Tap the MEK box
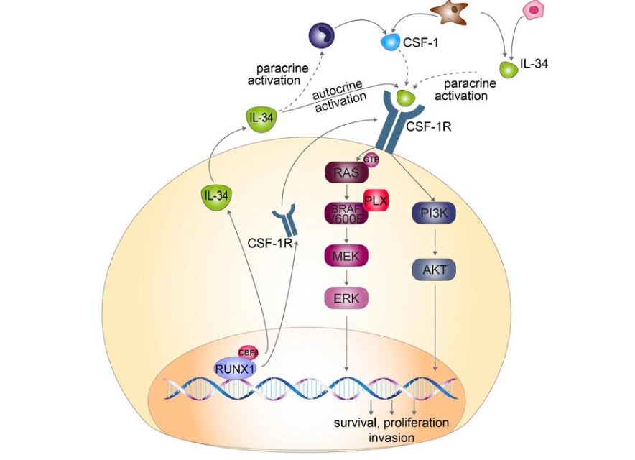pos(346,255)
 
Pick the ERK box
pos(346,297)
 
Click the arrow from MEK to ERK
pos(346,277)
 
